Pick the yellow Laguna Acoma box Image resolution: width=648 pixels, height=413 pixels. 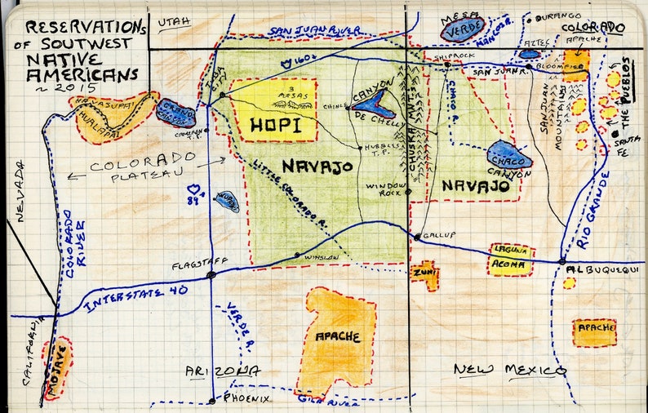tap(510, 258)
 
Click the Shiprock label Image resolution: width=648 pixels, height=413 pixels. tap(450, 56)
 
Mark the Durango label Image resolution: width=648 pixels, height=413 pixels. tap(560, 16)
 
